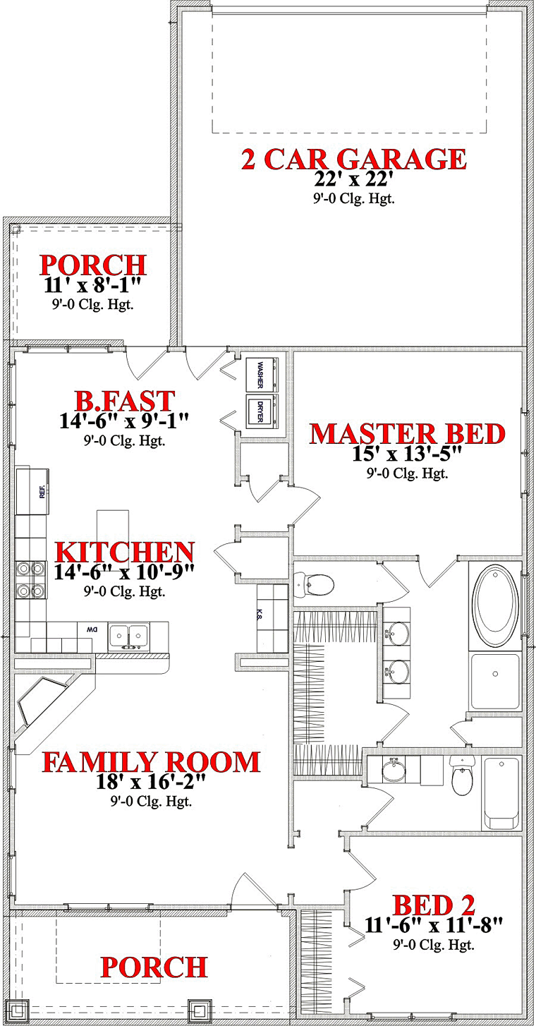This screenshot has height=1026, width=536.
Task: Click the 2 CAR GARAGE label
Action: pos(354,159)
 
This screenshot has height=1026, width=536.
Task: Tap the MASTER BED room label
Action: pos(408,434)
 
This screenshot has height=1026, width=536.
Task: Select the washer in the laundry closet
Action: pos(263,374)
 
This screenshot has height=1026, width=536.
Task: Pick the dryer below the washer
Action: pos(263,411)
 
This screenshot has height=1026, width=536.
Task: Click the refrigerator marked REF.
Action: pos(32,491)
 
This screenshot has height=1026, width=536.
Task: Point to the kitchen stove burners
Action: pos(31,580)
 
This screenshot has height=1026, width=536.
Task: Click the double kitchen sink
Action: pos(128,636)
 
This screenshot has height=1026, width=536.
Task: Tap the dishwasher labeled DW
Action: pos(93,631)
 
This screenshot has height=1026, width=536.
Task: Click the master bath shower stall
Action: pos(495,681)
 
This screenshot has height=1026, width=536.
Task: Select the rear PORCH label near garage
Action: pos(93,265)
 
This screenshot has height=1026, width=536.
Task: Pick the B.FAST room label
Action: pos(125,400)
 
